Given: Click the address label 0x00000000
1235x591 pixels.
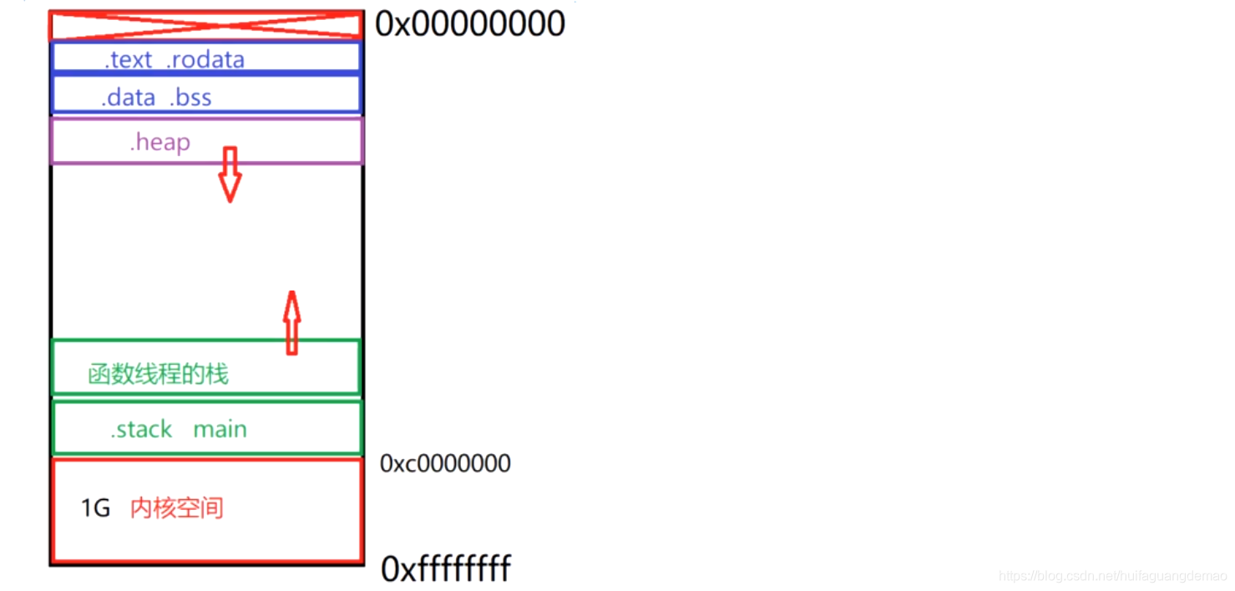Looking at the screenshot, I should [x=470, y=23].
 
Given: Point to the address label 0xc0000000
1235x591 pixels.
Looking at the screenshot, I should [x=445, y=463].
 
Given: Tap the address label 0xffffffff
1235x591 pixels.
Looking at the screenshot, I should [x=446, y=569].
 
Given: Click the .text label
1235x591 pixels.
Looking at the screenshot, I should [x=129, y=60].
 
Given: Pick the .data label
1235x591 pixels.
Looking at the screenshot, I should [x=129, y=98].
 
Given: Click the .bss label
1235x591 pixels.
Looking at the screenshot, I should [x=190, y=98].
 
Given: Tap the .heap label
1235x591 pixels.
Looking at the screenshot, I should [x=159, y=142].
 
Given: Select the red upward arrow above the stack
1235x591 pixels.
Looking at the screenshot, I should [x=291, y=322].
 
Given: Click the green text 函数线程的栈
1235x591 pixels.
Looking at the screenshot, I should [x=158, y=374].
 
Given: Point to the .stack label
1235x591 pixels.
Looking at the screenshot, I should [x=141, y=429].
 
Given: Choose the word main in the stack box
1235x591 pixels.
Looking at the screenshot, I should [x=220, y=429].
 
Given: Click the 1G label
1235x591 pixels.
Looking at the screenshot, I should [x=95, y=508].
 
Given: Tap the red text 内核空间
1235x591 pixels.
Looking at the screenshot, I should [x=177, y=508].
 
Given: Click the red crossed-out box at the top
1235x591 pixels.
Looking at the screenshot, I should [x=205, y=25].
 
